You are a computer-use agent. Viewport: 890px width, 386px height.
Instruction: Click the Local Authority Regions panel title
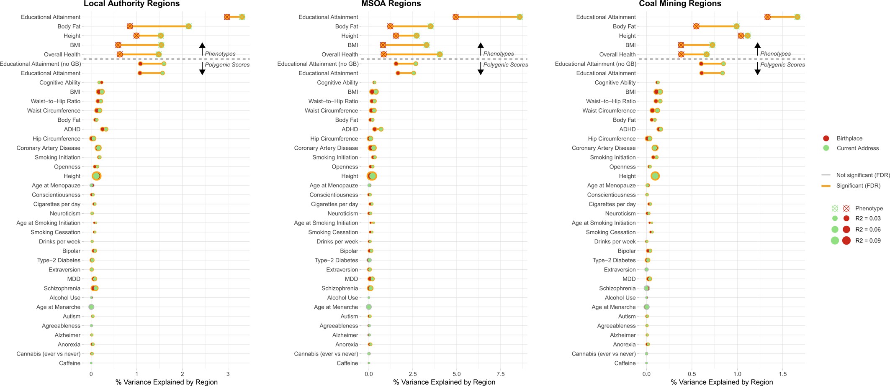(x=131, y=4)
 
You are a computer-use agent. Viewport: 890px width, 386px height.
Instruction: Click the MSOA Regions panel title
(x=391, y=4)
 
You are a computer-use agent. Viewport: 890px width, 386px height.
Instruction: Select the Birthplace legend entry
(x=849, y=138)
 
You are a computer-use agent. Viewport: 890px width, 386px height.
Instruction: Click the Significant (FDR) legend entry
(x=858, y=186)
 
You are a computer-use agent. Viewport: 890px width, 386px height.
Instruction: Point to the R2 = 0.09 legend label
(x=868, y=240)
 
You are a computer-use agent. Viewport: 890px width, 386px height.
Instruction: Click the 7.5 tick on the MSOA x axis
(x=501, y=374)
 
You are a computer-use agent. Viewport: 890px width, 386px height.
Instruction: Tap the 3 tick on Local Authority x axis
(x=228, y=374)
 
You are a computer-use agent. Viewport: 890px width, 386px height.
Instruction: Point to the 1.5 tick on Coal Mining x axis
(x=783, y=374)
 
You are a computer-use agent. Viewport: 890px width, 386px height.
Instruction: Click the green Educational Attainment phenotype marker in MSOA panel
(x=520, y=17)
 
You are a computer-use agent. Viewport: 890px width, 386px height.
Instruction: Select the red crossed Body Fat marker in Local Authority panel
(x=130, y=26)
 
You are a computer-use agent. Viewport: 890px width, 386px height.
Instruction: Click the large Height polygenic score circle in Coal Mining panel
(x=655, y=176)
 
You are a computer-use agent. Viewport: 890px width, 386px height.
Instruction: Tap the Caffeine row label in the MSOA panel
(x=347, y=363)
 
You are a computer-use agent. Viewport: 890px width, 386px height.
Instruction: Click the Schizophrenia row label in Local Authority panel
(x=62, y=288)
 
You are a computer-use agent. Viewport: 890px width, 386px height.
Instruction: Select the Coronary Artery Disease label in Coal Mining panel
(x=603, y=148)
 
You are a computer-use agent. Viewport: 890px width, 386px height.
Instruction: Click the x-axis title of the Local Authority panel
(x=167, y=382)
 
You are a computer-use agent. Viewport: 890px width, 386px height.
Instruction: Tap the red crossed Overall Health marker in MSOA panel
(x=383, y=54)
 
